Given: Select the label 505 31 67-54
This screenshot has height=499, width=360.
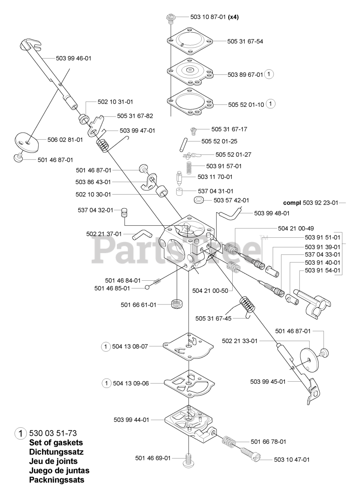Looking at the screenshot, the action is (245, 41).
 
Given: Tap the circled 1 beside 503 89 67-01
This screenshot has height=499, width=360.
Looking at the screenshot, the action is (269, 74).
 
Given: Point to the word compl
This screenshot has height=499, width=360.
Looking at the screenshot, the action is (291, 203).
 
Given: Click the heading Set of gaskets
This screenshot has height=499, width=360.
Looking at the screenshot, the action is (56, 442).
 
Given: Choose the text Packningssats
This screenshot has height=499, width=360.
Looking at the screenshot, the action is (56, 480).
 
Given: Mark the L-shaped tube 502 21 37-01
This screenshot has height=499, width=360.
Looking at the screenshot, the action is (139, 235).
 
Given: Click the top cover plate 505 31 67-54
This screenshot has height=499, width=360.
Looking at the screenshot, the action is (190, 41).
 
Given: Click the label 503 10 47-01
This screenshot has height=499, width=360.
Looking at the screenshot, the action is (292, 460).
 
